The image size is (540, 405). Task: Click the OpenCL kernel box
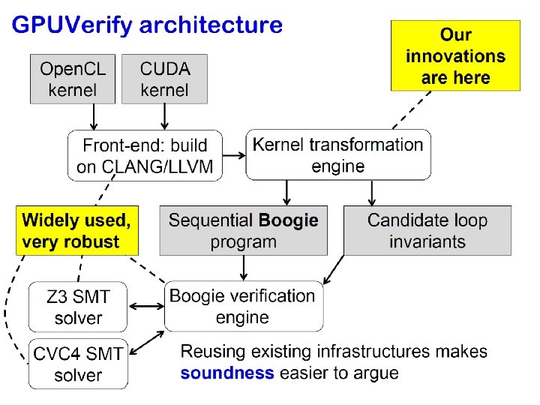click(x=73, y=79)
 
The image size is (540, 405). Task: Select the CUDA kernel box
click(x=164, y=79)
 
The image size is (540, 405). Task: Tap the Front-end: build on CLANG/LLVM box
click(x=145, y=156)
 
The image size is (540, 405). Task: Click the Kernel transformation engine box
click(x=338, y=154)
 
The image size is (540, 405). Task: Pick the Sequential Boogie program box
click(x=243, y=231)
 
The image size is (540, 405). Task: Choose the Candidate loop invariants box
click(x=427, y=231)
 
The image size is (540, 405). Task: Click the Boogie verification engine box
click(x=243, y=306)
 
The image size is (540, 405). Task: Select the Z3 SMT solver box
click(x=78, y=307)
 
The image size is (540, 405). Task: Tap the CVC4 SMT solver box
click(x=78, y=364)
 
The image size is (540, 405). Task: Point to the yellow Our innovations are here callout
click(x=455, y=56)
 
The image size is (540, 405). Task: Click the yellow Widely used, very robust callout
click(x=78, y=231)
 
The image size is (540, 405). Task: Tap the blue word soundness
click(x=227, y=373)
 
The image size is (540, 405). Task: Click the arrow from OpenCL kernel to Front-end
click(x=93, y=117)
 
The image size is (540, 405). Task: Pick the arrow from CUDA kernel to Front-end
click(x=164, y=117)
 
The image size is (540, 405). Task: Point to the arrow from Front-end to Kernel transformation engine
click(x=235, y=156)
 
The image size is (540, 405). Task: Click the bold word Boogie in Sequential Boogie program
click(x=288, y=220)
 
